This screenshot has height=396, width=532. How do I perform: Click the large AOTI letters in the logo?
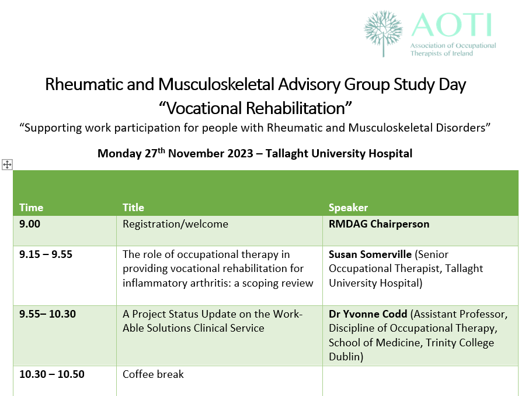tap(451, 25)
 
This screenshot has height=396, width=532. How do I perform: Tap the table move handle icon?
tap(7, 165)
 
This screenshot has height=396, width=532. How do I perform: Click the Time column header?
tap(32, 208)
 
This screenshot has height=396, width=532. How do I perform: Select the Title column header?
tap(133, 208)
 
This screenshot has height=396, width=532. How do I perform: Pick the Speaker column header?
tap(348, 208)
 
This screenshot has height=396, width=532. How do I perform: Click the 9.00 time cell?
tap(30, 224)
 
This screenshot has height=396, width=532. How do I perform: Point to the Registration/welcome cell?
tap(175, 224)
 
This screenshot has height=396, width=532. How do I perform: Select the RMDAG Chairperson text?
tap(379, 224)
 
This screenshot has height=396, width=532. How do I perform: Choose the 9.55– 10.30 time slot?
tap(47, 314)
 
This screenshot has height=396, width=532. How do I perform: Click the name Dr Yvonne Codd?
tap(368, 314)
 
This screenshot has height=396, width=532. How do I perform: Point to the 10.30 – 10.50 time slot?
tap(51, 374)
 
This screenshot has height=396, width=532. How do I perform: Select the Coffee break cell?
tap(153, 374)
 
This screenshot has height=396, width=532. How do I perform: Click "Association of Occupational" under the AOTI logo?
tap(453, 46)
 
